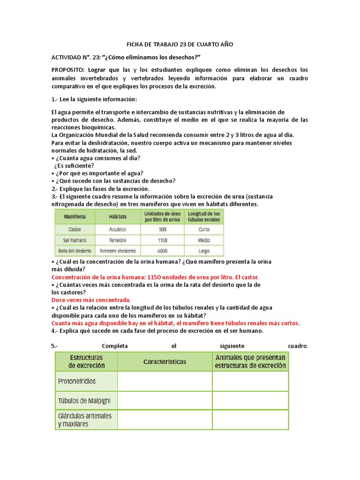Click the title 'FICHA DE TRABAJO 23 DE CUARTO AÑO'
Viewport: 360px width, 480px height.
(180, 45)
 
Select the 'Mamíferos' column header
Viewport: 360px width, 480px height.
(75, 217)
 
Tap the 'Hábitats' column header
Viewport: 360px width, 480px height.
(118, 217)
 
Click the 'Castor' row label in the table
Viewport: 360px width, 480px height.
(75, 230)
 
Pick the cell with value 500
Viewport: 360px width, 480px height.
(162, 230)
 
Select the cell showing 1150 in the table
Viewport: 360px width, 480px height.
(162, 240)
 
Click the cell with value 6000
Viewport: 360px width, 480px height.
(162, 251)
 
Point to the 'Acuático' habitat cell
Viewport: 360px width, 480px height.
(118, 230)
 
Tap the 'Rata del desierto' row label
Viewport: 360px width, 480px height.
(75, 251)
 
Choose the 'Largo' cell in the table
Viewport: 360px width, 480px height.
(203, 251)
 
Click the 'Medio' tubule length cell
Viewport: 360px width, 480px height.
(203, 240)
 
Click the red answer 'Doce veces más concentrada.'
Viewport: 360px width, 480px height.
(91, 300)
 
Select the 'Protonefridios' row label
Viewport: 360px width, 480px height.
(77, 381)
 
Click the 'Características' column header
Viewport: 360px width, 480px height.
(165, 361)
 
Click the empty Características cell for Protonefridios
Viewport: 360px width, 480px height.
(165, 381)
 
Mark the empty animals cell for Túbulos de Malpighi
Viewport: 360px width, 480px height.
(250, 401)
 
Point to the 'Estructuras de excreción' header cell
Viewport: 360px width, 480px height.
(87, 361)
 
